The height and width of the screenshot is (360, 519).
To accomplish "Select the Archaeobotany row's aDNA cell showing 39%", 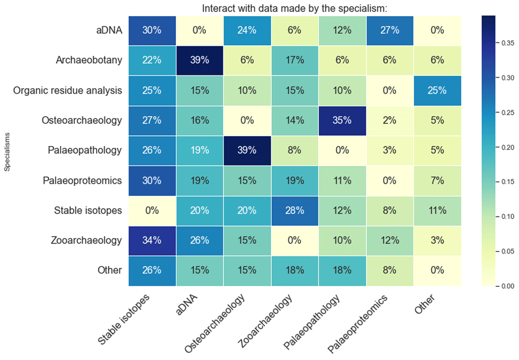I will pos(199,60).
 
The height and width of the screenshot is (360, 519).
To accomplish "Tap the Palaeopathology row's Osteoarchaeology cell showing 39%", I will pos(247,150).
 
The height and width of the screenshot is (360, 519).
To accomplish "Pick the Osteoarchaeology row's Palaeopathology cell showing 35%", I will pos(342,120).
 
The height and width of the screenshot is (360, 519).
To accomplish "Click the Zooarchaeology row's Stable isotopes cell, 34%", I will pos(152,240).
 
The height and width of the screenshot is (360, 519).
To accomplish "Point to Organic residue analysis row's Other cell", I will pos(437,90).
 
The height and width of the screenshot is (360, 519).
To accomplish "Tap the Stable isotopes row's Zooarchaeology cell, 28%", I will pos(295,210).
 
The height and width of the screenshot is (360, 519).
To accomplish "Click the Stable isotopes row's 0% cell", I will pos(152,210).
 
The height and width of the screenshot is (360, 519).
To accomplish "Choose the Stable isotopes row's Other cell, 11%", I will pos(437,210).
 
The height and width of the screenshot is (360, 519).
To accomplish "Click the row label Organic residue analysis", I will pos(67,90).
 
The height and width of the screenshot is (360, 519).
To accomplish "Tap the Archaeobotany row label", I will pos(89,60).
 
